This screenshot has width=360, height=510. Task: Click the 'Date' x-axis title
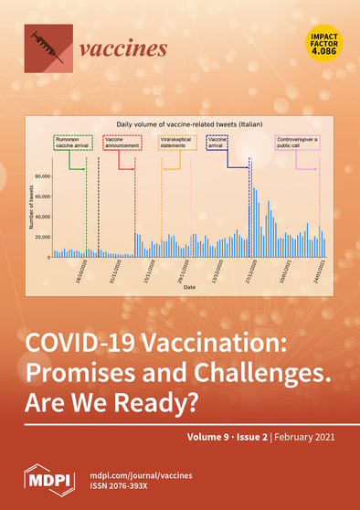(x=187, y=287)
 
